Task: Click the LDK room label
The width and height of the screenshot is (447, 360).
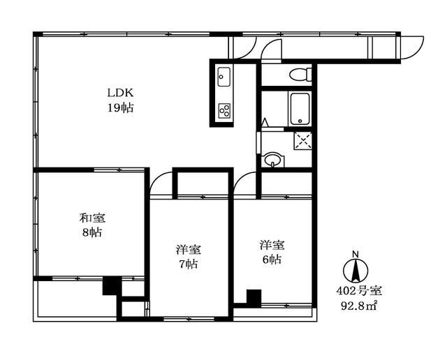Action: (x=120, y=93)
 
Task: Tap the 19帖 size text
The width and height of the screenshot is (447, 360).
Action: (x=120, y=108)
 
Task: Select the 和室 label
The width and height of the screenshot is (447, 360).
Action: (x=92, y=218)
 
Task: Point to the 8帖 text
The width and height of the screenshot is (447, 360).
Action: (x=92, y=233)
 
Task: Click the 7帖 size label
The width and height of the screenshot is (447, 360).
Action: (x=188, y=264)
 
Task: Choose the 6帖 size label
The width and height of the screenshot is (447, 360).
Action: (x=272, y=260)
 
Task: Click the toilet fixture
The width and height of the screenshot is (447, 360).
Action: (x=300, y=75)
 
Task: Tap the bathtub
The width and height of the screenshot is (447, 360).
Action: (x=300, y=109)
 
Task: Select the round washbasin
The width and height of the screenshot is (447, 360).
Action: (x=273, y=160)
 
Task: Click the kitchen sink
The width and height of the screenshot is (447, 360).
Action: (x=224, y=77)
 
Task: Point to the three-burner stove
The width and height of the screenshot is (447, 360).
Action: (x=224, y=110)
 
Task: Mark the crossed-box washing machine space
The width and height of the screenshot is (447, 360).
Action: (x=303, y=141)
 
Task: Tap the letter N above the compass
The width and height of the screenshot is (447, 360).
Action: (x=356, y=253)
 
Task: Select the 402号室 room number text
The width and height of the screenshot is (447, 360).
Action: (x=359, y=291)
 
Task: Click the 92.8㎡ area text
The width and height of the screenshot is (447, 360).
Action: (x=360, y=306)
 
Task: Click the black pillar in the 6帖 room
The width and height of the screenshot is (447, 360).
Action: (x=254, y=298)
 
